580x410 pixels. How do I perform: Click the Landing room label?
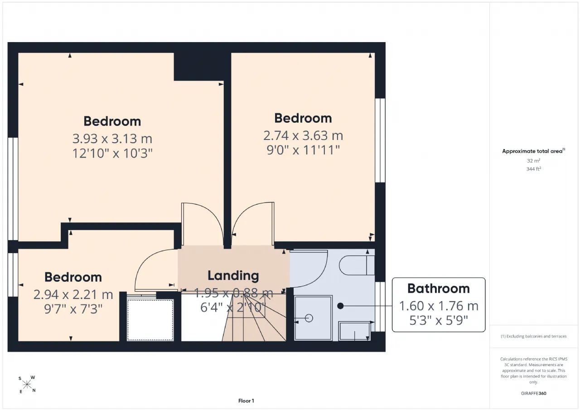(233, 276)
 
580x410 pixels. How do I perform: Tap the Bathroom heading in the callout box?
(439, 289)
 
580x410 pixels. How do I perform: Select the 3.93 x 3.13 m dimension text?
(112, 139)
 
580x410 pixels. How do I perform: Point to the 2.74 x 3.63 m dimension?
(303, 135)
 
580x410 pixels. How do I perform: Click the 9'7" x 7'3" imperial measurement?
(73, 309)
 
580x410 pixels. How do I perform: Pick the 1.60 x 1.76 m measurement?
(439, 306)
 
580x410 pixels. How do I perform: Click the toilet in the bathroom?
(357, 265)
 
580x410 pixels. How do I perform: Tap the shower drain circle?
(309, 318)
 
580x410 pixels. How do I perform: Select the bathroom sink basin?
(355, 331)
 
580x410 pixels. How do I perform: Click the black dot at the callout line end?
(340, 306)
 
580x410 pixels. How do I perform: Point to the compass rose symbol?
(27, 385)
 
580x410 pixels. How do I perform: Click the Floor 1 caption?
(246, 400)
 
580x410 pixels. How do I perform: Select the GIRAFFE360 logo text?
(534, 393)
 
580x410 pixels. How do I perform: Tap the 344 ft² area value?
(534, 169)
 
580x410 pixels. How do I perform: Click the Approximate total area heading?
(534, 151)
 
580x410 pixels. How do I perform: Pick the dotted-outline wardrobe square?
(150, 320)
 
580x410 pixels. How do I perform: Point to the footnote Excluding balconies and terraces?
(534, 336)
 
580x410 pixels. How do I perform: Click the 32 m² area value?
(534, 161)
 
